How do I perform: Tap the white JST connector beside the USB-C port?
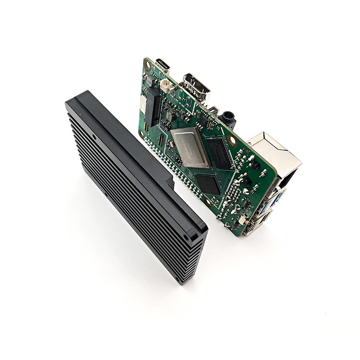(167, 86)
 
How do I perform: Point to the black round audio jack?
(227, 118)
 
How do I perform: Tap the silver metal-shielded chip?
(190, 147)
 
